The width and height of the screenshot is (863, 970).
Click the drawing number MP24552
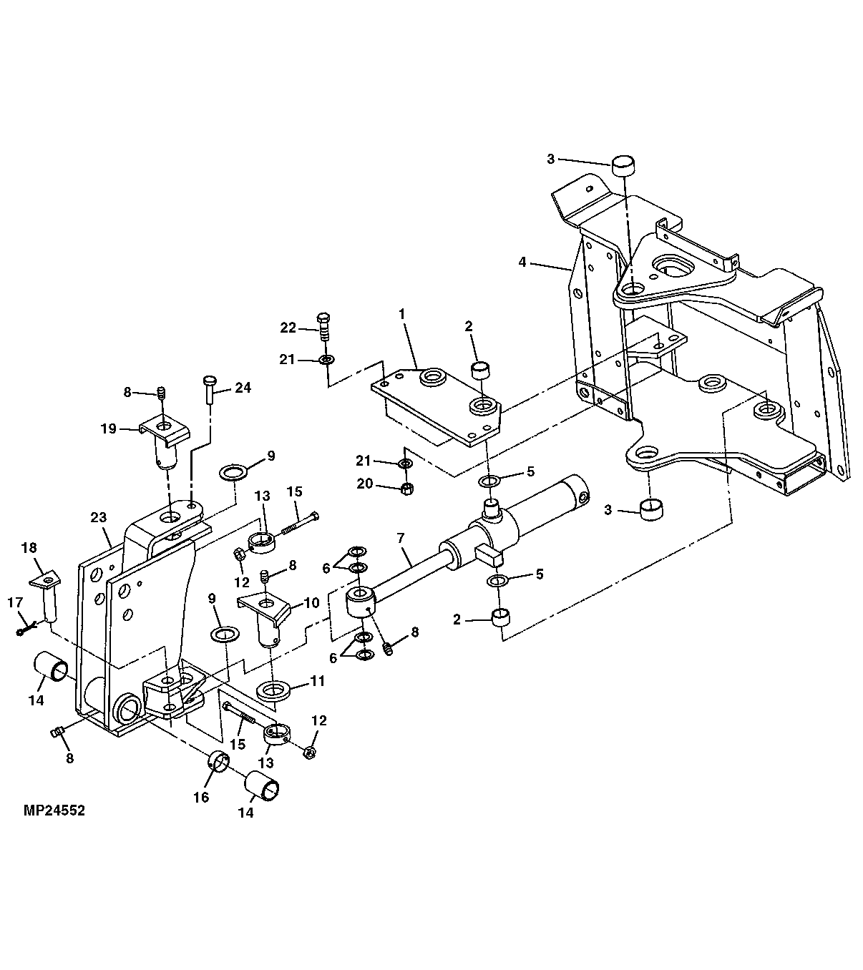click(x=54, y=810)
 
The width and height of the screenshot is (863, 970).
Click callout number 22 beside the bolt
click(x=288, y=328)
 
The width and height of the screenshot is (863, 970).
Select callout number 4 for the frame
click(x=522, y=263)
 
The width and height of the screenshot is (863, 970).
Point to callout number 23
click(x=98, y=518)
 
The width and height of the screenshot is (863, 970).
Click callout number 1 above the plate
click(x=401, y=313)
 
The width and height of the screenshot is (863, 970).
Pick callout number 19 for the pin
click(x=108, y=429)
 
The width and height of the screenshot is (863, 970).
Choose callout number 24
click(x=243, y=388)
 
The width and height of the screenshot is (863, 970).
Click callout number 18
click(x=29, y=548)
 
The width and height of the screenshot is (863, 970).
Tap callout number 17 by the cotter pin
click(x=16, y=603)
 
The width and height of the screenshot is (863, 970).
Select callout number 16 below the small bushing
click(x=201, y=797)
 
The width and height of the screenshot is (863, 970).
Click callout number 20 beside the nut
click(x=365, y=484)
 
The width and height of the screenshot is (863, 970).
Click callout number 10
click(x=311, y=603)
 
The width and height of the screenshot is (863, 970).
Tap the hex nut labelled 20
click(x=406, y=489)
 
